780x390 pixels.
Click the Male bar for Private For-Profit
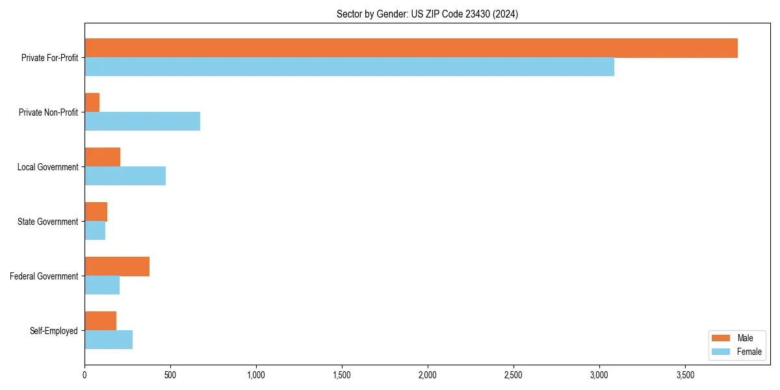[x=411, y=48]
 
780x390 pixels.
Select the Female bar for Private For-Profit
[x=349, y=67]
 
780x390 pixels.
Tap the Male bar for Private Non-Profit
[x=92, y=103]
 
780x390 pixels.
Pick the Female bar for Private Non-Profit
[x=142, y=122]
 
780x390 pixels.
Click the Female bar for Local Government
[x=125, y=176]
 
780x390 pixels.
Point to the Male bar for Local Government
[x=102, y=157]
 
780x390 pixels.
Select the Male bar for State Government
[x=96, y=212]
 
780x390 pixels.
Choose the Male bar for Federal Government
[x=117, y=266]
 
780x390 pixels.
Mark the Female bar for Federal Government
[x=102, y=285]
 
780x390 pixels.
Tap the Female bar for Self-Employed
[x=109, y=340]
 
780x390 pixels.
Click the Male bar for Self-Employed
[x=100, y=321]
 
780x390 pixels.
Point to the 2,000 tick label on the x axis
[x=428, y=375]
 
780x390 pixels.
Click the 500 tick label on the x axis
[x=170, y=375]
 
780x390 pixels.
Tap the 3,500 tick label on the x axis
[x=685, y=375]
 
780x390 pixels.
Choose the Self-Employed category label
[x=54, y=331]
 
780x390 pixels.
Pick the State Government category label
[x=48, y=222]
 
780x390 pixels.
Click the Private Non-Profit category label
[x=48, y=112]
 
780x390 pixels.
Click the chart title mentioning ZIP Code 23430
[x=427, y=14]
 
